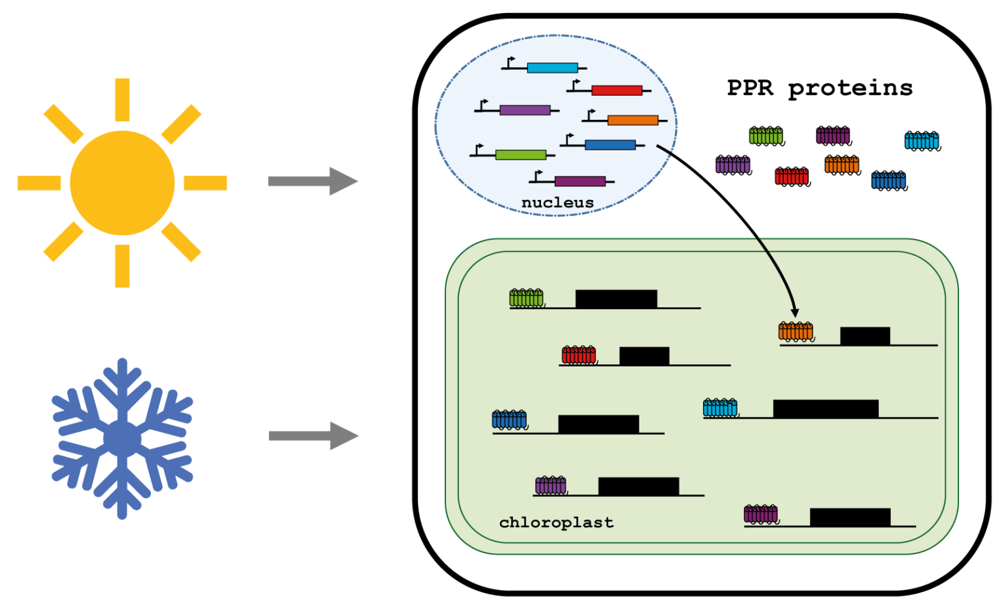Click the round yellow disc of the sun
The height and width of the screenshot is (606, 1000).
pyautogui.click(x=122, y=183)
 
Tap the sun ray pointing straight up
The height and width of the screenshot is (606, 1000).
pyautogui.click(x=122, y=99)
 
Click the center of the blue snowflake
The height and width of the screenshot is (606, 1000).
pyautogui.click(x=122, y=439)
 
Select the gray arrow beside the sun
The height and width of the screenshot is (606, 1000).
pyautogui.click(x=313, y=181)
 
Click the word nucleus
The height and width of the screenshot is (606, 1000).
pyautogui.click(x=557, y=202)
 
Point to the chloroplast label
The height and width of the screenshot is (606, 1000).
pyautogui.click(x=556, y=523)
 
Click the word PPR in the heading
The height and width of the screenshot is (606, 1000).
pyautogui.click(x=750, y=88)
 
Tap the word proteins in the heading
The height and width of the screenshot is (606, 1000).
pyautogui.click(x=850, y=88)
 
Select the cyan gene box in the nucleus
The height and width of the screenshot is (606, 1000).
pyautogui.click(x=552, y=68)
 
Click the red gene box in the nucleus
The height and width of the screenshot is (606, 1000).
pyautogui.click(x=617, y=90)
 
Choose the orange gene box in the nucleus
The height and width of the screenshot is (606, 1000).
pyautogui.click(x=632, y=120)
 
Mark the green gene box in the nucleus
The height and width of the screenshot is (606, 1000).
pyautogui.click(x=520, y=155)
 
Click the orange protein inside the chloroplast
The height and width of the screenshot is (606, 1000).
pyautogui.click(x=796, y=331)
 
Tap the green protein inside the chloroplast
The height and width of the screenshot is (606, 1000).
pyautogui.click(x=526, y=298)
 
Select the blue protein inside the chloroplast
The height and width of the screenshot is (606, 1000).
pyautogui.click(x=509, y=419)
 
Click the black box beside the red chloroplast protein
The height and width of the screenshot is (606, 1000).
pyautogui.click(x=644, y=356)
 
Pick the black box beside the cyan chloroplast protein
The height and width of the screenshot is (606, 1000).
pyautogui.click(x=826, y=409)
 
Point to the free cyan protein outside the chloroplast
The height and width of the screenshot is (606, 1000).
pyautogui.click(x=922, y=141)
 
